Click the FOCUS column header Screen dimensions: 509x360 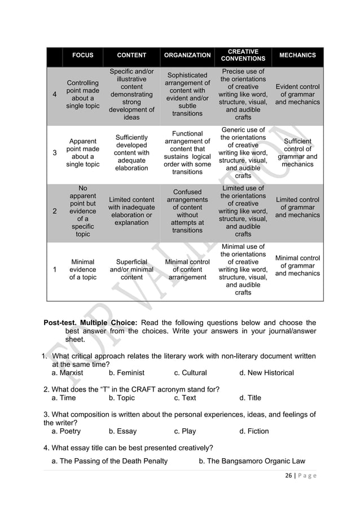(x=82, y=55)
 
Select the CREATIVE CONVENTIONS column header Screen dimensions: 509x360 (x=243, y=55)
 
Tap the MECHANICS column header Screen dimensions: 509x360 (x=297, y=55)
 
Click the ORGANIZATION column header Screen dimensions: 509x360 (x=187, y=55)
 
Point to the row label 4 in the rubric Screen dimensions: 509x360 (x=54, y=95)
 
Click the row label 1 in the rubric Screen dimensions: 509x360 (x=54, y=270)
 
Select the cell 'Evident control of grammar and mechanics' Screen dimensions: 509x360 (x=297, y=94)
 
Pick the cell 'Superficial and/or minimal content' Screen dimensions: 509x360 (x=131, y=270)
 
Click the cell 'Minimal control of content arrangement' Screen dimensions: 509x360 (x=187, y=270)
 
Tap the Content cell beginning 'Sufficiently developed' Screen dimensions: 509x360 (x=131, y=152)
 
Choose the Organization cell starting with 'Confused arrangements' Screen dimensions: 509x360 (x=187, y=211)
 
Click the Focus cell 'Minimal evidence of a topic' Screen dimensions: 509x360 (x=82, y=270)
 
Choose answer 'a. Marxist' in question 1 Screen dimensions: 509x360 (x=67, y=373)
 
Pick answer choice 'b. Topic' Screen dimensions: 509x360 (x=121, y=398)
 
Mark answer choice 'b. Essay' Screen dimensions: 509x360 (x=122, y=431)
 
